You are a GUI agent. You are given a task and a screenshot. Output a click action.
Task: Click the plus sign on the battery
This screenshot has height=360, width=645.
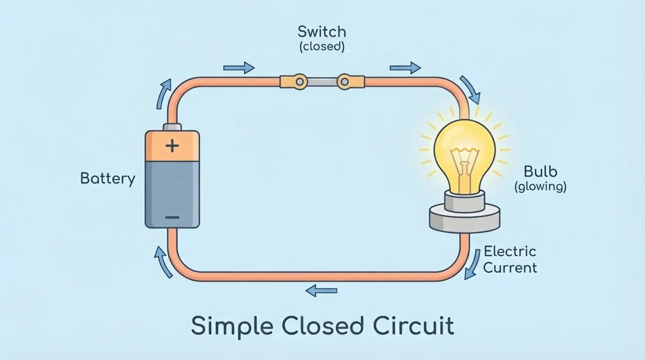(172, 146)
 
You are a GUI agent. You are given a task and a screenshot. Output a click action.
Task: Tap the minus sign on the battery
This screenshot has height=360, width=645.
(172, 217)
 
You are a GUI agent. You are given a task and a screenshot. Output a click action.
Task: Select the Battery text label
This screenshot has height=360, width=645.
(108, 179)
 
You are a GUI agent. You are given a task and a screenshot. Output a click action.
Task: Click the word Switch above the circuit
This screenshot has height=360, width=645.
(322, 32)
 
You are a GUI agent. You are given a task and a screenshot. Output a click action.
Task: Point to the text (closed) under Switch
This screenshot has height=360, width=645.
(322, 47)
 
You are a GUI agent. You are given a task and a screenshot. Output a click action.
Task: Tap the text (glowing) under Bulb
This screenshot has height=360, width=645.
(540, 187)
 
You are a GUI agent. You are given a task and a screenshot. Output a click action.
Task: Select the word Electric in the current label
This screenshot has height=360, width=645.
(510, 251)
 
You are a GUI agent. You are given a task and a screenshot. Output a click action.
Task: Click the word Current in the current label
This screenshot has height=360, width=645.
(510, 268)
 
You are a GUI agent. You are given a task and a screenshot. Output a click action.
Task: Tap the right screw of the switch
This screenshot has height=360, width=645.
(345, 82)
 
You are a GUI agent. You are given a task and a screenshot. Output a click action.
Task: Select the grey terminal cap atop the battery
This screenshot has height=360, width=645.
(172, 127)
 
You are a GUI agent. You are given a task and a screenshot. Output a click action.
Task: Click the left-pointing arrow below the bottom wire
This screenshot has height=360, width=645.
(321, 291)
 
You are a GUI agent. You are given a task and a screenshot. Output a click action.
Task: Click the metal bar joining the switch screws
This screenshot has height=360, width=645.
(322, 82)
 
